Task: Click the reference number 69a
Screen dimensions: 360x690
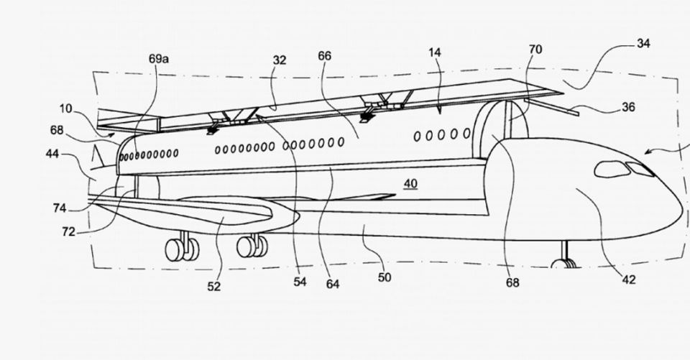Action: tap(159, 57)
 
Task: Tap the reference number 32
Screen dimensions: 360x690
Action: tap(279, 60)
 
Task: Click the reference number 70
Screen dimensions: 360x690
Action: tap(535, 50)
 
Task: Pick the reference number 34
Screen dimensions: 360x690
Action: tap(643, 43)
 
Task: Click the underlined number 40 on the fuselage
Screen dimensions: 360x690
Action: tap(410, 184)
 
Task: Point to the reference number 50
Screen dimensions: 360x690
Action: tap(385, 277)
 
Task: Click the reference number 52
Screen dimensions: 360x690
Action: tap(214, 286)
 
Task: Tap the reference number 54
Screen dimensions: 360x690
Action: tap(300, 282)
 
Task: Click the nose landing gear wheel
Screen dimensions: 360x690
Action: tap(566, 263)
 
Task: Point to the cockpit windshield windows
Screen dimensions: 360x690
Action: tap(622, 170)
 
